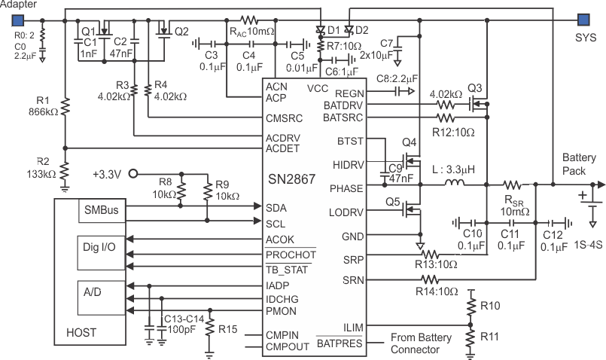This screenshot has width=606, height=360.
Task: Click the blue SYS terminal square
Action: coord(582,19)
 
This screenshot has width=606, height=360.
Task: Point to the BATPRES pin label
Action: coord(340,343)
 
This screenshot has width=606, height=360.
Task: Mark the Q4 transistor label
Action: coord(409,141)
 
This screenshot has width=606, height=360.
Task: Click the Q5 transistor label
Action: coord(392,201)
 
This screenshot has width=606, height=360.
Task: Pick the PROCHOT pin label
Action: coord(289,255)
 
